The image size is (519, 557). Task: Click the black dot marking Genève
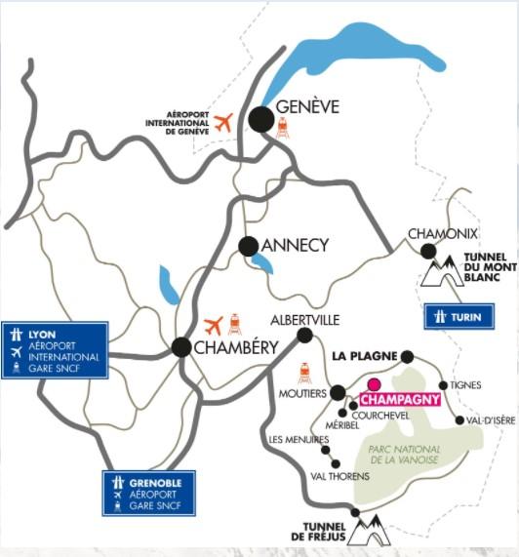pyautogui.click(x=260, y=120)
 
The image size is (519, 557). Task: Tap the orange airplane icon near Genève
pyautogui.click(x=224, y=123)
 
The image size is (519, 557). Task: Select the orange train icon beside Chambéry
pyautogui.click(x=236, y=324)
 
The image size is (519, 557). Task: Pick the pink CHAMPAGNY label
pyautogui.click(x=400, y=399)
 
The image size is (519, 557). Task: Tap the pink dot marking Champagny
pyautogui.click(x=374, y=383)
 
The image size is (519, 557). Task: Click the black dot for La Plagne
pyautogui.click(x=408, y=357)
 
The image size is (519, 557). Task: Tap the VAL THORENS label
pyautogui.click(x=339, y=476)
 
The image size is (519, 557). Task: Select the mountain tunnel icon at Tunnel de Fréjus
pyautogui.click(x=370, y=531)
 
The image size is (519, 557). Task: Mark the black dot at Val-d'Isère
pyautogui.click(x=459, y=421)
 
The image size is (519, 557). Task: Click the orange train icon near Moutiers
pyautogui.click(x=305, y=374)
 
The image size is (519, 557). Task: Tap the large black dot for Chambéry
pyautogui.click(x=181, y=346)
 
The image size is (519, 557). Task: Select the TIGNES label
pyautogui.click(x=466, y=385)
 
